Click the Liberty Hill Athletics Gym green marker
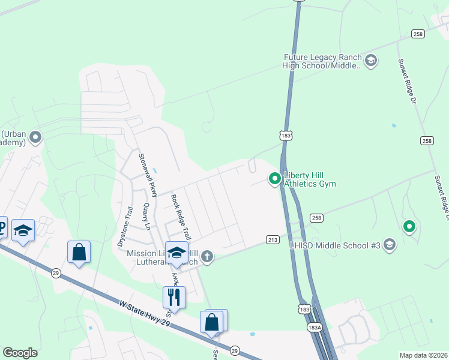pos(275,178)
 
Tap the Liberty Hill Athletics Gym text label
pos(310,179)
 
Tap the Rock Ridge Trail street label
pos(181,217)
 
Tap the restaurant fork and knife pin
pos(174,296)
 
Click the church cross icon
pos(206,257)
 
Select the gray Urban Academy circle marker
pos(35,138)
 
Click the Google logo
pos(20,353)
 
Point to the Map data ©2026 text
pos(423,355)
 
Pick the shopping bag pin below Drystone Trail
pos(79,252)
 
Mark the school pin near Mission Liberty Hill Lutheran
pos(177,252)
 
